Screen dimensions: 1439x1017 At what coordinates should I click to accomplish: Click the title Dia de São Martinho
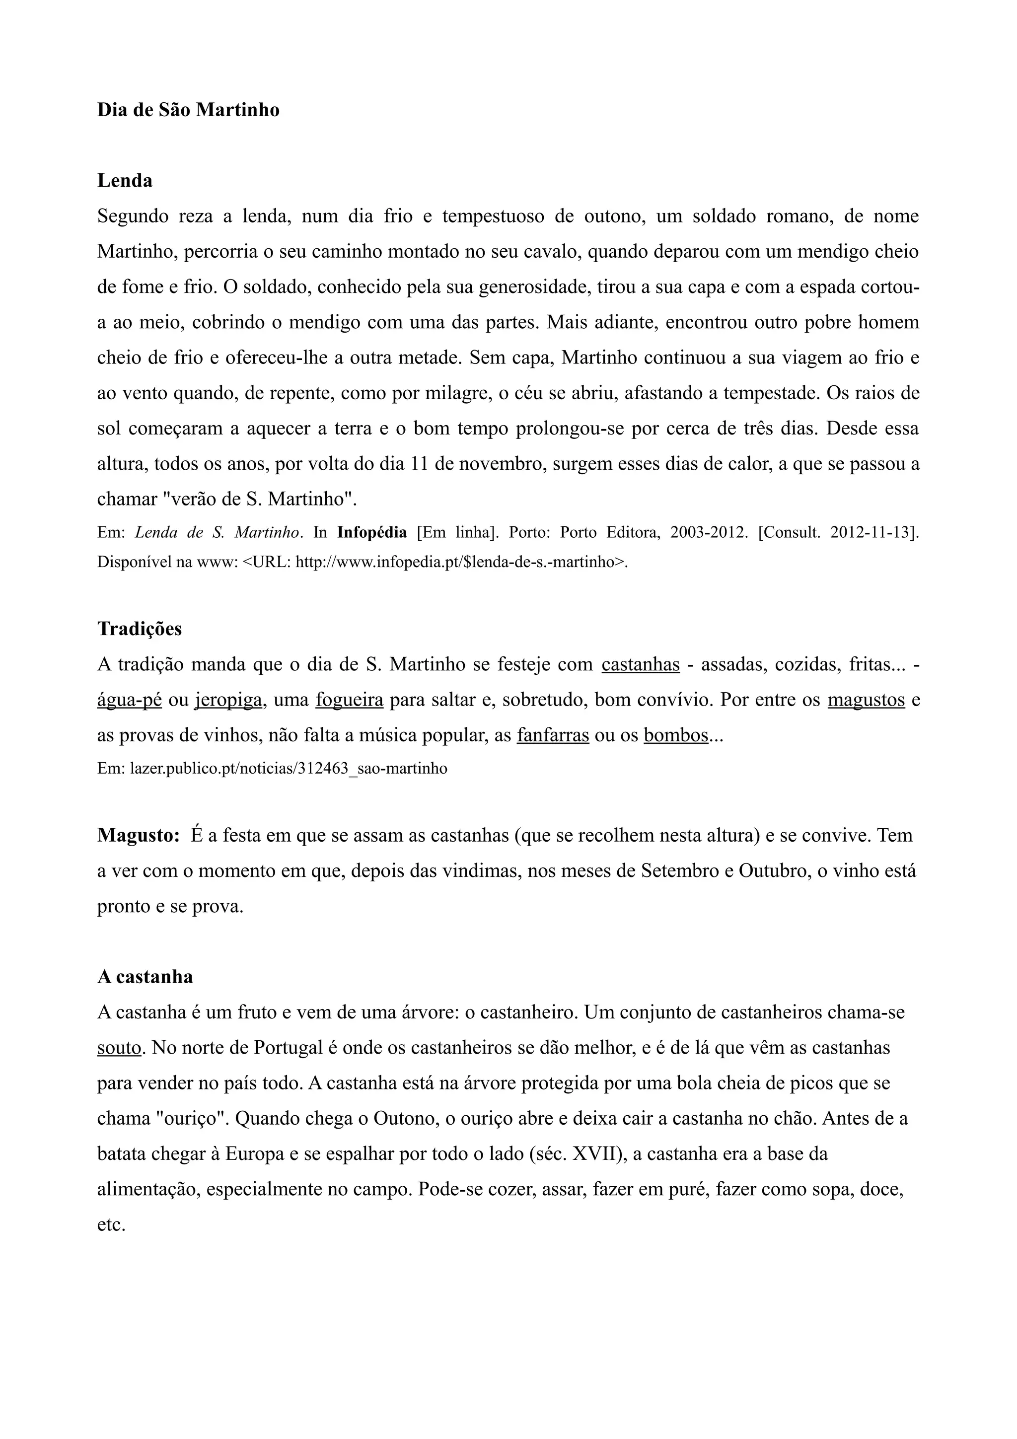pyautogui.click(x=188, y=110)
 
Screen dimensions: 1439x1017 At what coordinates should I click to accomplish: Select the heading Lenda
pyautogui.click(x=125, y=181)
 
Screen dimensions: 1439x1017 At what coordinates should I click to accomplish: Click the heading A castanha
pyautogui.click(x=145, y=977)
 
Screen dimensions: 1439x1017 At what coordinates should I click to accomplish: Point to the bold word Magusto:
pyautogui.click(x=139, y=836)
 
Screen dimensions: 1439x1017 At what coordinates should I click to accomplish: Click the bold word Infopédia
pyautogui.click(x=371, y=533)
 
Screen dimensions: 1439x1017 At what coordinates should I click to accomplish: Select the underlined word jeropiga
pyautogui.click(x=228, y=700)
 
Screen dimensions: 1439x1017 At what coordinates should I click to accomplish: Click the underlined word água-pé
pyautogui.click(x=129, y=700)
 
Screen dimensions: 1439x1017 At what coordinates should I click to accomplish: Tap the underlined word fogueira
pyautogui.click(x=349, y=700)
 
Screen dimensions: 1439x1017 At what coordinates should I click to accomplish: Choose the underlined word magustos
pyautogui.click(x=866, y=700)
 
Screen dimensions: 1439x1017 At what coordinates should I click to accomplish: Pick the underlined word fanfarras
pyautogui.click(x=553, y=735)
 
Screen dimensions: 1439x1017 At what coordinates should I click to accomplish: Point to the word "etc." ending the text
pyautogui.click(x=111, y=1225)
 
